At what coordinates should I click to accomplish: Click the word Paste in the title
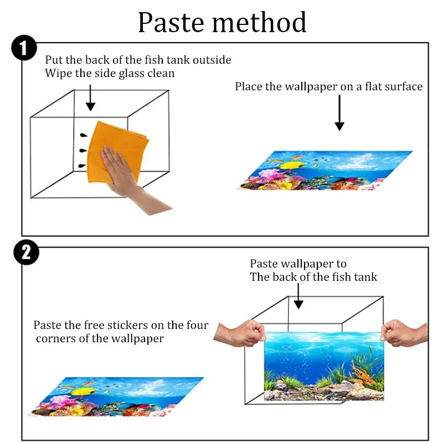click(x=171, y=22)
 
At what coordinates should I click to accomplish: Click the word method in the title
click(x=259, y=22)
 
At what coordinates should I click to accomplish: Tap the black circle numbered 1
click(x=24, y=48)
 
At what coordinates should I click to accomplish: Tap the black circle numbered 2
click(x=26, y=253)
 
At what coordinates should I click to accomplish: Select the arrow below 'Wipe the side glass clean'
click(x=90, y=98)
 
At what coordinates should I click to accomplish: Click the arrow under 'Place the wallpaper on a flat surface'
click(x=339, y=112)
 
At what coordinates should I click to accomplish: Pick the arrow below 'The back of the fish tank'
click(x=298, y=296)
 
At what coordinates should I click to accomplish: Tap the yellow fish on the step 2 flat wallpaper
click(x=83, y=392)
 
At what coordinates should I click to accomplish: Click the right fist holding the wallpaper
click(x=404, y=333)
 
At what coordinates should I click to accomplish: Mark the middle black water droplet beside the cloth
click(x=83, y=150)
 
